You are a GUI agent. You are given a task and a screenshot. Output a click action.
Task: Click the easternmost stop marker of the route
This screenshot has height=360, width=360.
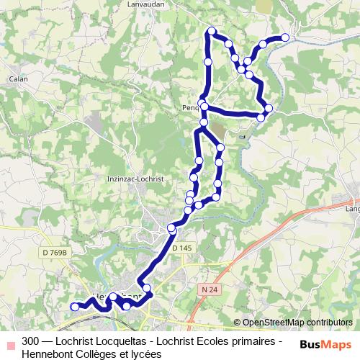coord(285,37)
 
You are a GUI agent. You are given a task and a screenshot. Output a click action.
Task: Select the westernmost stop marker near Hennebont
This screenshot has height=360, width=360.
coord(74,307)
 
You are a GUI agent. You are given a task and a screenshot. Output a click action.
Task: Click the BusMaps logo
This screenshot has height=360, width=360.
coord(326,344)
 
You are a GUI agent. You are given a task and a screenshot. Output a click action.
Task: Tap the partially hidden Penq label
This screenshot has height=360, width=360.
coord(191,109)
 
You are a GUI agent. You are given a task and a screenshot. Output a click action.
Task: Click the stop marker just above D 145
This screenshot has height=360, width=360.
coord(172,228)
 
